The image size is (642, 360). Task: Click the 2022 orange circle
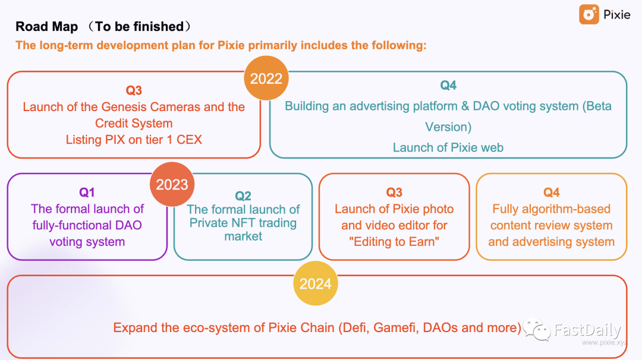pos(266,79)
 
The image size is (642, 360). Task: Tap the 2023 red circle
pos(172,184)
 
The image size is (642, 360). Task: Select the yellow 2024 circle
pos(315,283)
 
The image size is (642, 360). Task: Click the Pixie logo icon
pos(589,15)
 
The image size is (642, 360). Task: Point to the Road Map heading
pos(46,27)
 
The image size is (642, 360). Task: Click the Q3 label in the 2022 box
pos(134,90)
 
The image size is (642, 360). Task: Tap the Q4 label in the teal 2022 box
pos(448,86)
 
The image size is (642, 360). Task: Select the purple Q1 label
pos(87,192)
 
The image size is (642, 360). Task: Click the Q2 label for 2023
pos(243,196)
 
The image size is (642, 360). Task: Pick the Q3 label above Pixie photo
pos(394,192)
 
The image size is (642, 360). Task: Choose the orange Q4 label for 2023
pos(552,192)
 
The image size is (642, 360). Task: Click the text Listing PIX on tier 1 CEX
pos(134,140)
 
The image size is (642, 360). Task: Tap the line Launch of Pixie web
pos(448,147)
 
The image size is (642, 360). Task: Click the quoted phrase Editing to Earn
pos(394,242)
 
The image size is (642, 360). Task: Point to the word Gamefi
pos(396,328)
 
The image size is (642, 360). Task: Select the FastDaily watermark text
pos(587,330)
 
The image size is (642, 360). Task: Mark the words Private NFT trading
pos(243,223)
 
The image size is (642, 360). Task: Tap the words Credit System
pos(134,124)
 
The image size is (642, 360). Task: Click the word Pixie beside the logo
pos(617,15)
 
